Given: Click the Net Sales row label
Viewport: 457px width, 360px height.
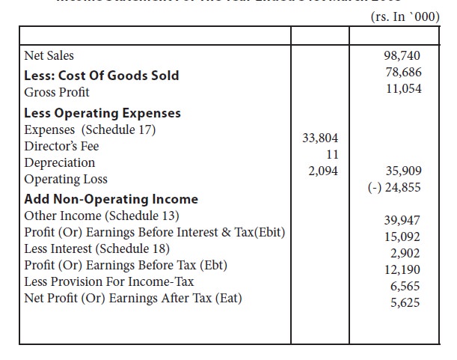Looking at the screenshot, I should point(49,56).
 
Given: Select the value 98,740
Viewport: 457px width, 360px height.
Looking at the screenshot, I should point(402,56).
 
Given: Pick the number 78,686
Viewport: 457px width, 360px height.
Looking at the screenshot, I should point(402,73).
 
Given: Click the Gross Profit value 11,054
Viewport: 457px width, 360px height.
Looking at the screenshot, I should point(402,89).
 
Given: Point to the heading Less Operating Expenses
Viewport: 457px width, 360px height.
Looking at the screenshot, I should point(102,113).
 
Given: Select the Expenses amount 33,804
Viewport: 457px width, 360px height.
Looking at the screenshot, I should point(319,138).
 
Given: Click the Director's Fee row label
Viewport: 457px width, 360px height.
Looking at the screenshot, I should point(61,146).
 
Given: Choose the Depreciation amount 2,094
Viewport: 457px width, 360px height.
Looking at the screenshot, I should point(323,171).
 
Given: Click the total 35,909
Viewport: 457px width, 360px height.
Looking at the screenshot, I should point(402,171).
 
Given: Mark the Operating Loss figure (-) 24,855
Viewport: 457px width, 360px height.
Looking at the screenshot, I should point(395,187).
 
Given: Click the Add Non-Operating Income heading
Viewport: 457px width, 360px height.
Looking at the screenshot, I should point(111,199).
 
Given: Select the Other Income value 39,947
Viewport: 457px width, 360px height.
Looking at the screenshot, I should point(402,219).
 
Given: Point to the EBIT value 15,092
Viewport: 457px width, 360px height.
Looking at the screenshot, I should point(402,236).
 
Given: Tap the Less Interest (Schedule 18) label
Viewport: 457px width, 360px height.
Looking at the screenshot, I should point(97,248).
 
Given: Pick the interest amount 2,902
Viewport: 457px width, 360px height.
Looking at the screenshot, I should point(405,253).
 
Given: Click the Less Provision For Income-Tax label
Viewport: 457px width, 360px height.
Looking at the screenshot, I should point(109,281).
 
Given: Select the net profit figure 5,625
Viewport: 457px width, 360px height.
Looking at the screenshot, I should point(405,302).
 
